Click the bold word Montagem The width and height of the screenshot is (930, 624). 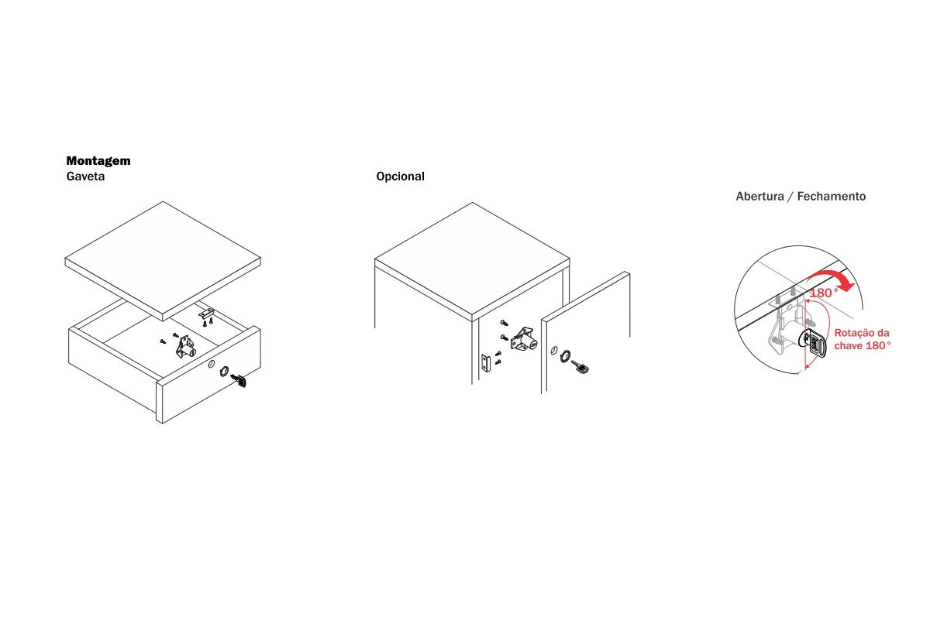pos(98,161)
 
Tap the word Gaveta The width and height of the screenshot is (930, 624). pos(85,177)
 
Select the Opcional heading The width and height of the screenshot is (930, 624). pos(400,177)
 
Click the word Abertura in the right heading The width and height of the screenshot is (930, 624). pos(759,196)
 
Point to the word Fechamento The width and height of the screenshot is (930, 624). pos(831,196)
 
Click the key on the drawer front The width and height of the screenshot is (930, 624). pos(239,380)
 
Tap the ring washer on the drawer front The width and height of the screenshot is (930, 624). pos(224,371)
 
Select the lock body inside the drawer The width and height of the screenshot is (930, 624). pos(186,347)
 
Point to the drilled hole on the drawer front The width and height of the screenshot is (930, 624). pos(212,364)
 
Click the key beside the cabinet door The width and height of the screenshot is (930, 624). pos(580,367)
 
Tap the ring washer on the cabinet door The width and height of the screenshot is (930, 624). pos(565,356)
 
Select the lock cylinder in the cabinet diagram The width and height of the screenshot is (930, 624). pos(524,339)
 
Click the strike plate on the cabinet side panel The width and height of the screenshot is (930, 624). pos(486,363)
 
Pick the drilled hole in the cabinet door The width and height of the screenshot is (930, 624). pos(554,351)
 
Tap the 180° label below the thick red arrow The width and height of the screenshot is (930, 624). pos(824,293)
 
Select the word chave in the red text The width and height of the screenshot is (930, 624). pos(847,346)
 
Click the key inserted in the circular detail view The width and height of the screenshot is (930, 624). pos(816,342)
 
